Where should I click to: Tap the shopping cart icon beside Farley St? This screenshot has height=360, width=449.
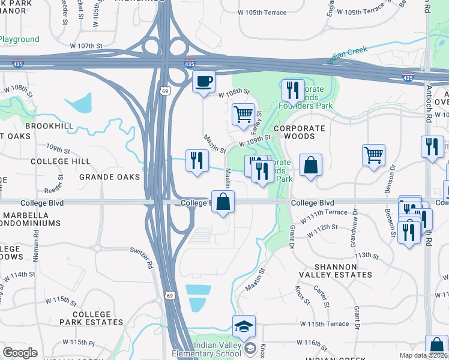click(x=243, y=113)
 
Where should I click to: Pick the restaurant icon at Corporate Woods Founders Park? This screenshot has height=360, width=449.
click(x=293, y=90)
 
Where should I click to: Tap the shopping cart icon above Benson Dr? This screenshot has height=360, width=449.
click(x=373, y=155)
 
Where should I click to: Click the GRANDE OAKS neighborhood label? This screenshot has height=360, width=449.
click(x=110, y=177)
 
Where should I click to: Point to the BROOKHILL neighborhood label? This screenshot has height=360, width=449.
click(x=49, y=127)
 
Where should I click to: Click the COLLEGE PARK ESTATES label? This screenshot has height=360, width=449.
click(x=92, y=318)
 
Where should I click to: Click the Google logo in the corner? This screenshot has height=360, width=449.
click(x=20, y=353)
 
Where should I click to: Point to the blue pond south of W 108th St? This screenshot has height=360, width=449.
click(x=79, y=103)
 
